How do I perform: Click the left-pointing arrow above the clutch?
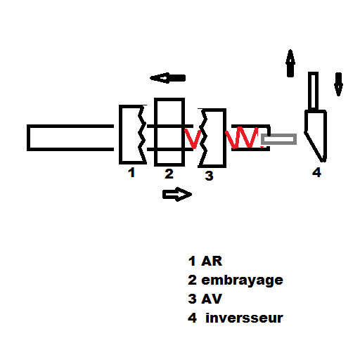167,78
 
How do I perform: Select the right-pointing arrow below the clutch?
177,194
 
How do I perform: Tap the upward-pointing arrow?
290,63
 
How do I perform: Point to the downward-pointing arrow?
338,84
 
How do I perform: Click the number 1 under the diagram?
131,172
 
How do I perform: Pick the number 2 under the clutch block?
169,174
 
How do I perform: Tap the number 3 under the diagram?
209,176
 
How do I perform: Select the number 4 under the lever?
316,172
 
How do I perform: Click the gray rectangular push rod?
278,139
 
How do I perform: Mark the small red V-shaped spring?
193,138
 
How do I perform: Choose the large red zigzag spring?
243,138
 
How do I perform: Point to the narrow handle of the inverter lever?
313,91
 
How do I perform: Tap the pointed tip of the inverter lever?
323,161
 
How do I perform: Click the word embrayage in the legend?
243,280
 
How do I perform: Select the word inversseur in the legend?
244,318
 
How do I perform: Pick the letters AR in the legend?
212,261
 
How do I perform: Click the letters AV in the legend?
212,299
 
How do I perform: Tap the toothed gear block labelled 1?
121,135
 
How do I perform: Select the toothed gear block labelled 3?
224,138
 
